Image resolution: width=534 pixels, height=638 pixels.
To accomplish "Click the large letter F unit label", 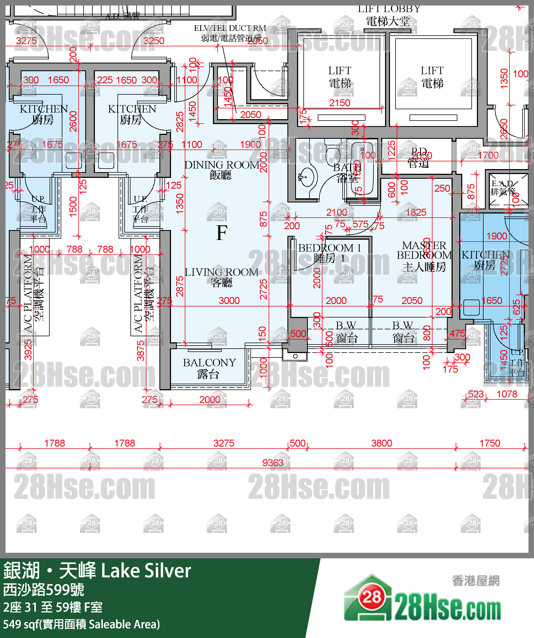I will tap(222, 233).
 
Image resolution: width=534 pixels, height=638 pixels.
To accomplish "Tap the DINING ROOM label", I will tap(222, 170).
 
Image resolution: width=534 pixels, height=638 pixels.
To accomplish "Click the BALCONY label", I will tap(209, 368).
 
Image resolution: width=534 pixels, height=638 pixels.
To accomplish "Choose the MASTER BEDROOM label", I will tap(424, 256).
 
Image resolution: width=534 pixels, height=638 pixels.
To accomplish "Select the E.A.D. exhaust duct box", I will tap(508, 191).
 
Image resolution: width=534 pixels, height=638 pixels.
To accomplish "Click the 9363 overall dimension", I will tap(273, 463).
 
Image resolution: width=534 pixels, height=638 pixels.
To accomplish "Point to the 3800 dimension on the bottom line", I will tap(381, 443).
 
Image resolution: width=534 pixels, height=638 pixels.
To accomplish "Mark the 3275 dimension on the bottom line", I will tap(224, 443).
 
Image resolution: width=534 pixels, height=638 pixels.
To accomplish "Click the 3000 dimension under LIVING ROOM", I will tap(229, 300).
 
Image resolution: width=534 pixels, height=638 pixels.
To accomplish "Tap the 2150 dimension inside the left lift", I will tap(340, 103).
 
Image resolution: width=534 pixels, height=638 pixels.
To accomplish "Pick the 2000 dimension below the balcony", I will tap(210, 399).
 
